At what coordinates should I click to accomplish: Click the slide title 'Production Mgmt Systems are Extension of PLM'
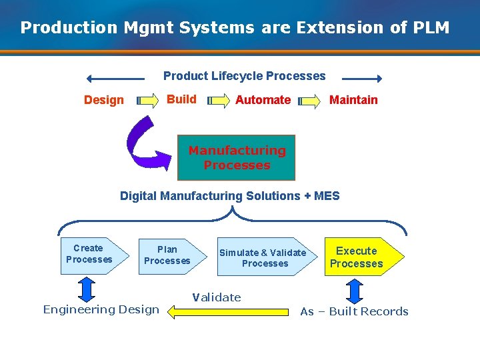pyautogui.click(x=235, y=28)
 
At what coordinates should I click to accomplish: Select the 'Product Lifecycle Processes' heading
pyautogui.click(x=244, y=76)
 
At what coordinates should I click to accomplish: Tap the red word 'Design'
pyautogui.click(x=104, y=100)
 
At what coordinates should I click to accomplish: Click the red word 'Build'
pyautogui.click(x=181, y=99)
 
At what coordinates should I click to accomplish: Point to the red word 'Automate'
pyautogui.click(x=263, y=100)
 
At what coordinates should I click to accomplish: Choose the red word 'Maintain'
pyautogui.click(x=353, y=100)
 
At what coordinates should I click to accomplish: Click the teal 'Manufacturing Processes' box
pyautogui.click(x=236, y=158)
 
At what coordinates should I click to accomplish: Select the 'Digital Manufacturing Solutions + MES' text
pyautogui.click(x=229, y=196)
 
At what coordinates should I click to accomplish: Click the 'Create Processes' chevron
pyautogui.click(x=92, y=254)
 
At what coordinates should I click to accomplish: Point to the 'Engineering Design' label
pyautogui.click(x=101, y=309)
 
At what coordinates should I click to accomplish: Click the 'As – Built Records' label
pyautogui.click(x=354, y=311)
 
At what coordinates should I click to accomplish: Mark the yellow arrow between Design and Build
pyautogui.click(x=146, y=101)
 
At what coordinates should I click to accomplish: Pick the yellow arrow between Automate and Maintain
pyautogui.click(x=309, y=101)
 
